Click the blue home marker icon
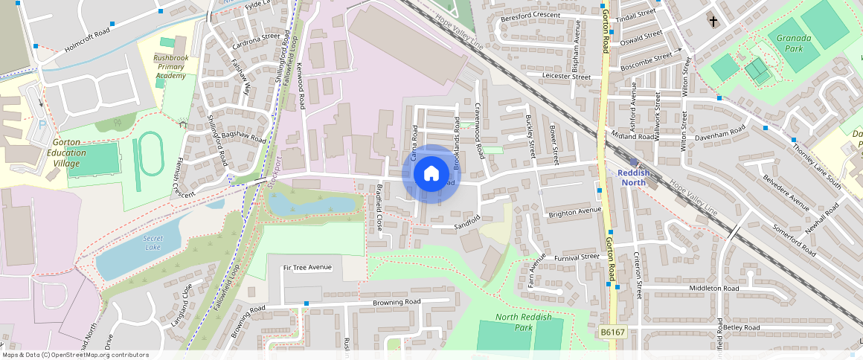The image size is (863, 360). tap(431, 174)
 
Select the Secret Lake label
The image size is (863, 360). tap(153, 242)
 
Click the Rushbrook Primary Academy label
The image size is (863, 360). tap(170, 66)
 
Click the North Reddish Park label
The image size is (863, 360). tap(524, 322)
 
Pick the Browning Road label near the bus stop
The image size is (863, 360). tap(397, 302)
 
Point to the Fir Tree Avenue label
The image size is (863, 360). tap(307, 267)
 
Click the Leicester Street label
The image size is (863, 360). tap(566, 77)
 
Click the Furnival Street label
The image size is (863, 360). tap(577, 257)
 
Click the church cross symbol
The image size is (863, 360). tap(713, 22)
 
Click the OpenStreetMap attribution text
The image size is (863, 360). tap(74, 355)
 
